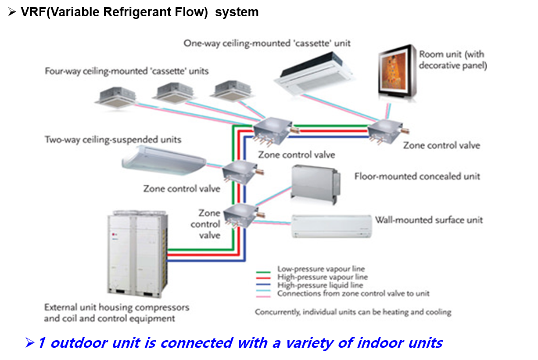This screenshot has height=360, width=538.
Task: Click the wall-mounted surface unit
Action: click(x=331, y=226)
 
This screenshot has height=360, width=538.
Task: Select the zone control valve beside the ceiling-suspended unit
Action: click(x=240, y=172)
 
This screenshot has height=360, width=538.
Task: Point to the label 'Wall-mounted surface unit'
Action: click(x=428, y=220)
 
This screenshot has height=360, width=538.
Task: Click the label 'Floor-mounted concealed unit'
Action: click(x=417, y=176)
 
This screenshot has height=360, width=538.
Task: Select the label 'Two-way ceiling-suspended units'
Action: click(x=113, y=140)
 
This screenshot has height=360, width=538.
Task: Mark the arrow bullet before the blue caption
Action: click(x=30, y=342)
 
